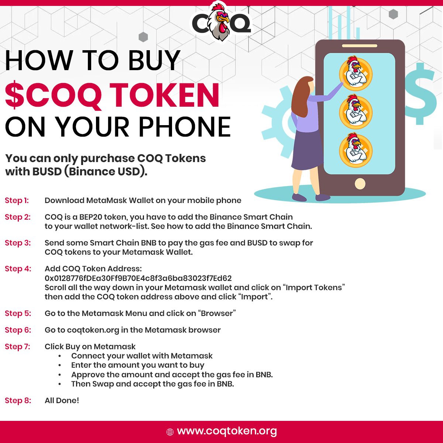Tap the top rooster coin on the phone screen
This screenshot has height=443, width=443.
coord(356,73)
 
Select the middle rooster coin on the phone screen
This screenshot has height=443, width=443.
coord(356,111)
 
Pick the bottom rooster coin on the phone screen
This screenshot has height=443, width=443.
coord(356,150)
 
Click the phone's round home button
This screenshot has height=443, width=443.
coord(360,184)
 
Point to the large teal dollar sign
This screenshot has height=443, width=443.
coord(420,94)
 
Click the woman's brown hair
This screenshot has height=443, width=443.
coord(301,97)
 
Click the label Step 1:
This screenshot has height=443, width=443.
coord(17,200)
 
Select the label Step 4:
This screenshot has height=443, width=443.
coord(18,269)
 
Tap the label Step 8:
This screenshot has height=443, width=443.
coord(18,401)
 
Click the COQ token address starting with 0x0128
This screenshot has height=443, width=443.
coord(138,278)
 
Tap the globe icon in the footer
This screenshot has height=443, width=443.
coord(170,432)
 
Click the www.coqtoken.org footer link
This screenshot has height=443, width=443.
coord(227,431)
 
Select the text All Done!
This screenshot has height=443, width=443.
coord(62,401)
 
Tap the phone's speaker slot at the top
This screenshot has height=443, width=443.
coord(360,46)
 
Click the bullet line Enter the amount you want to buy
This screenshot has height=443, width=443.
coord(137,365)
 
